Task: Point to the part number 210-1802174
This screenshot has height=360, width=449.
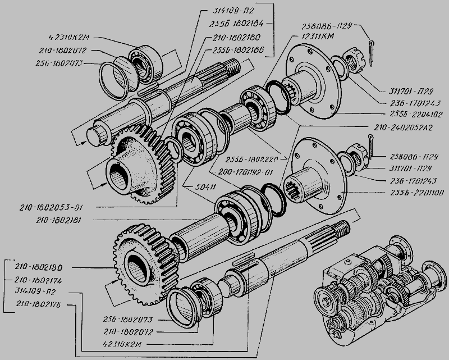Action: (36, 279)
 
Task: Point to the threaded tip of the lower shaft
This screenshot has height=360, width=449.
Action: (342, 227)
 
